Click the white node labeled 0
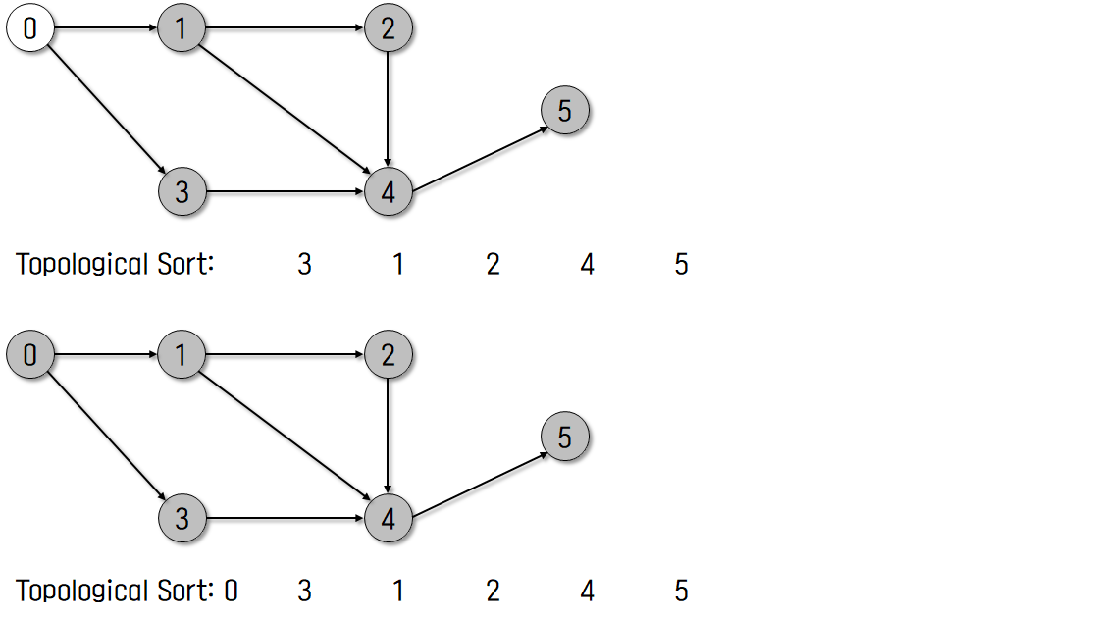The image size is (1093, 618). click(x=29, y=29)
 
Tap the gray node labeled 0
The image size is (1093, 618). click(x=29, y=355)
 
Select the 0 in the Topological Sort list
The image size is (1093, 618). click(x=231, y=591)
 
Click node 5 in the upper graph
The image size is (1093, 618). click(x=564, y=111)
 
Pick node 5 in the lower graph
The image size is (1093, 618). click(x=564, y=437)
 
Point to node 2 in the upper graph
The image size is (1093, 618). click(x=389, y=29)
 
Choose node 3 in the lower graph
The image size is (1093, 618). click(x=182, y=518)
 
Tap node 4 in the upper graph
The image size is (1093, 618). click(x=389, y=192)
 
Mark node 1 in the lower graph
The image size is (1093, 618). click(x=182, y=355)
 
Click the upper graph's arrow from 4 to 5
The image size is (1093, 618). click(x=479, y=153)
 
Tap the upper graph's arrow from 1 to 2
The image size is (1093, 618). click(x=285, y=29)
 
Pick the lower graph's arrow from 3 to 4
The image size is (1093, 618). click(x=285, y=518)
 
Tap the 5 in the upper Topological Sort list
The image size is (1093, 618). click(x=681, y=265)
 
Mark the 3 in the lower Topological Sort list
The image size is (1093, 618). click(x=304, y=591)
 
